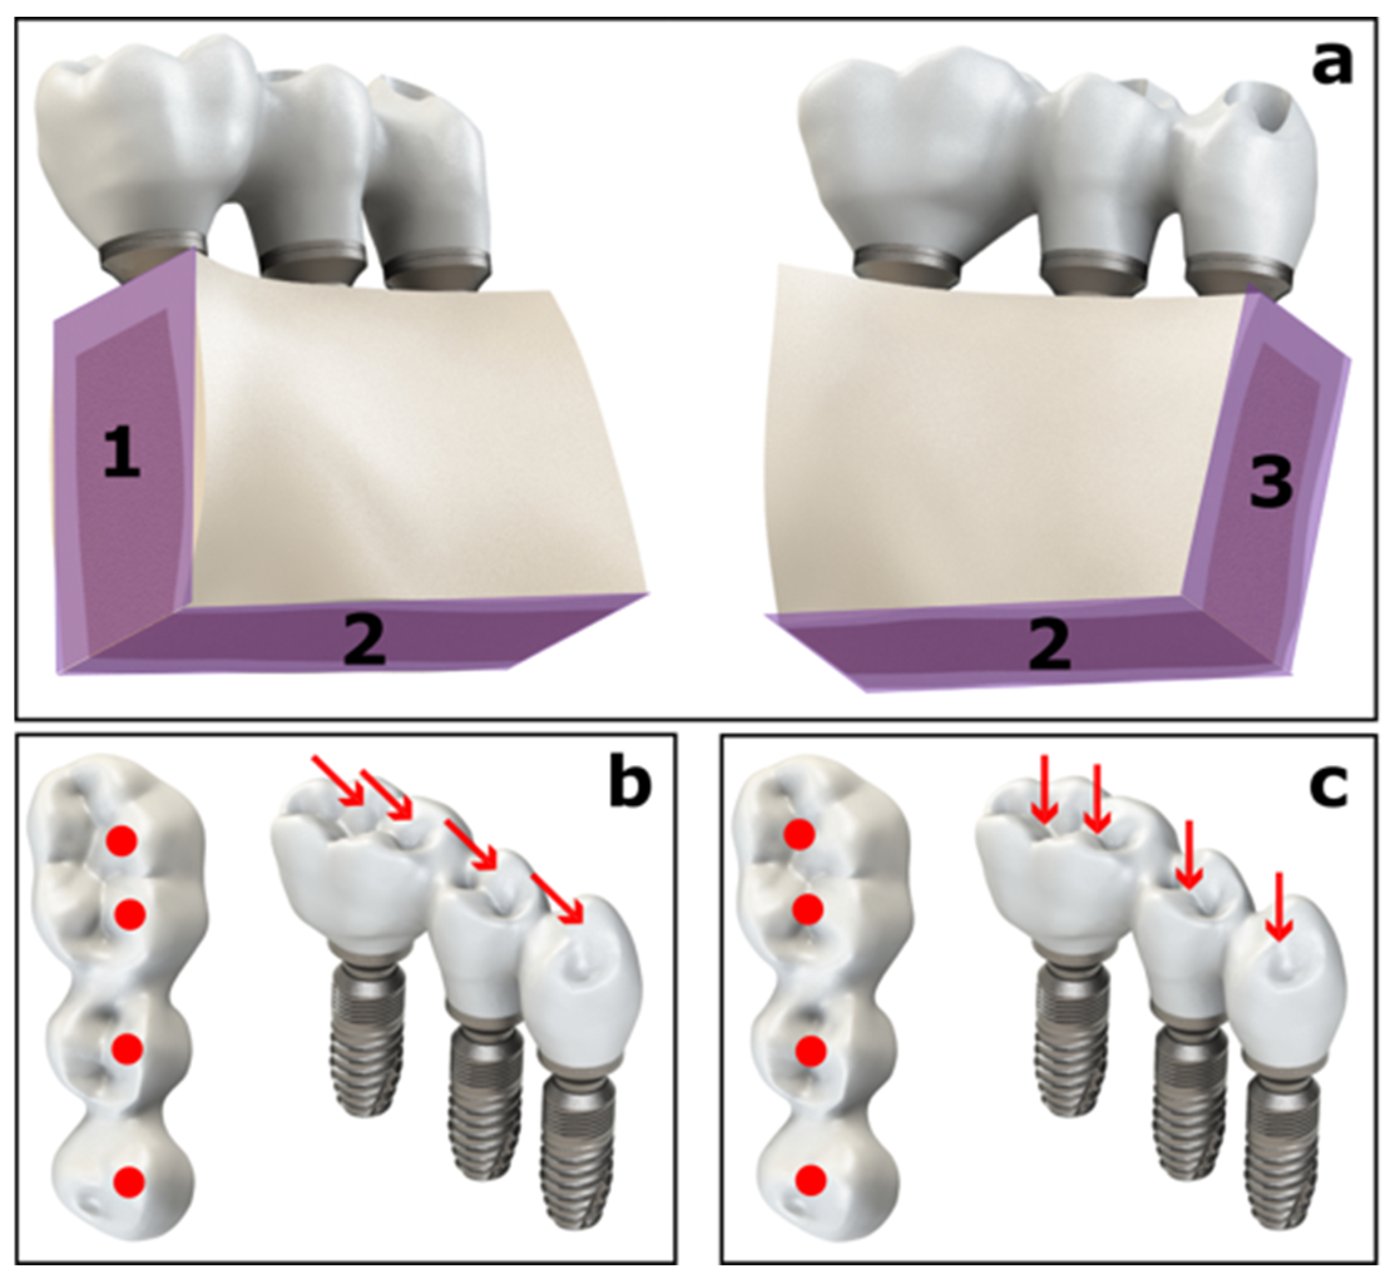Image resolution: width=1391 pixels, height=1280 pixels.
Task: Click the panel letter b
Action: pyautogui.click(x=630, y=788)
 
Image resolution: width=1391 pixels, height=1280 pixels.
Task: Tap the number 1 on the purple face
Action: pyautogui.click(x=122, y=454)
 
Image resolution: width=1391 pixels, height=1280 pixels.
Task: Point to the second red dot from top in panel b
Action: pyautogui.click(x=130, y=915)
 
